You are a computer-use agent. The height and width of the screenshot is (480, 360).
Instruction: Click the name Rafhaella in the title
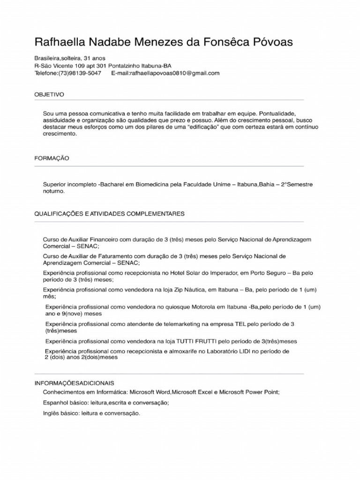pos(60,42)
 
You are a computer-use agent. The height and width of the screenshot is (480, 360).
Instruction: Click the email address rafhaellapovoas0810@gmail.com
pos(171,74)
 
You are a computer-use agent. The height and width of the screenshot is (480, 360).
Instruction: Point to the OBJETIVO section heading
pos(49,94)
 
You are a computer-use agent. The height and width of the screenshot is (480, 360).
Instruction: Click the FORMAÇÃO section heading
pos(52,158)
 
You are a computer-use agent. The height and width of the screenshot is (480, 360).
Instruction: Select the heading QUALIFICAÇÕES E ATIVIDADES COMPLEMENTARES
pos(109,214)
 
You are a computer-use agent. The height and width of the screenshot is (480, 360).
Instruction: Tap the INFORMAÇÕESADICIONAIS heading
pos(74,383)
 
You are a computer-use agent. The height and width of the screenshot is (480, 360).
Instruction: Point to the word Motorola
pos(200,307)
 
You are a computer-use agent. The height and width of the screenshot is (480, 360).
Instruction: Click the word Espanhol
pos(55,403)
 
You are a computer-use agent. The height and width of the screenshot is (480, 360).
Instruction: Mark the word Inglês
pos(52,413)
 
